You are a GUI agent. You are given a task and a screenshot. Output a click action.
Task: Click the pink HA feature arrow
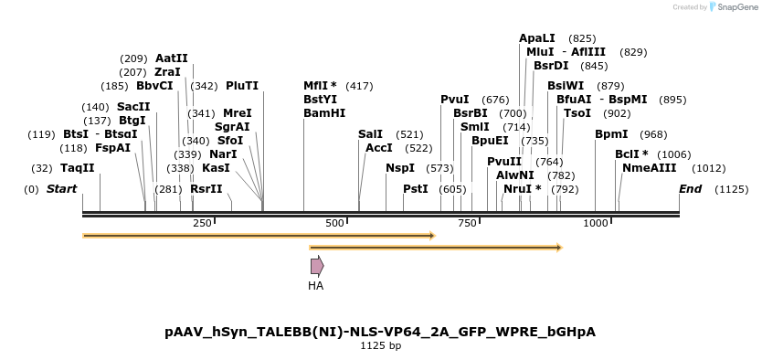tap(316, 266)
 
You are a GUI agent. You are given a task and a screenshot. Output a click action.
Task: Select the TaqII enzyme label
tap(77, 168)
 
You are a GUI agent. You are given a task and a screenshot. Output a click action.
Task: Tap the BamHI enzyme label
tap(324, 113)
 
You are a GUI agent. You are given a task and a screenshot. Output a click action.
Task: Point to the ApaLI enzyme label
tap(536, 38)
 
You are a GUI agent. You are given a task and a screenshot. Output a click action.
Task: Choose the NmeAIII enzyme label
tap(649, 168)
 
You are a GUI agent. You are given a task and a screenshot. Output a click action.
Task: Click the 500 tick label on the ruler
tap(334, 224)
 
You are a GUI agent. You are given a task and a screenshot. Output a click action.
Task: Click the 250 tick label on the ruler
tap(202, 224)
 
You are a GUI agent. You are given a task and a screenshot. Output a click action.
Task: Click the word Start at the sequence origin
tap(61, 189)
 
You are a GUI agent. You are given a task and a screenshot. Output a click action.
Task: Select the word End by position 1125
tap(690, 189)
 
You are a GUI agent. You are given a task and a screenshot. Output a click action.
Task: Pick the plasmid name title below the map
tap(380, 332)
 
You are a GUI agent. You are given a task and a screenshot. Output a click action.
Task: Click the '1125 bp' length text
tap(380, 346)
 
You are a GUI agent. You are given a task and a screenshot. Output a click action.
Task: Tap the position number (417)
tap(359, 86)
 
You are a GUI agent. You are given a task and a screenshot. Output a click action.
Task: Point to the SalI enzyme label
tap(370, 134)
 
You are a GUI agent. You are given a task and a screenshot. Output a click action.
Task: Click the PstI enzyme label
tap(415, 189)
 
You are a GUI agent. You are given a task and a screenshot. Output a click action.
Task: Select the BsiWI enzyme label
tap(565, 86)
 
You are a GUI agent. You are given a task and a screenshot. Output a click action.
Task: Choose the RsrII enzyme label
tap(206, 189)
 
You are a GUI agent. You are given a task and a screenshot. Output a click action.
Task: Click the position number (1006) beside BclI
tap(674, 154)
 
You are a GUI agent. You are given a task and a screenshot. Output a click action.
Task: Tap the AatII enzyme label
tap(171, 58)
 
